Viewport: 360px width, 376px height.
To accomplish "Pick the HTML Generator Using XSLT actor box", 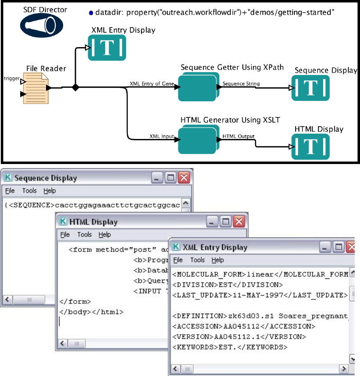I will click(198, 140).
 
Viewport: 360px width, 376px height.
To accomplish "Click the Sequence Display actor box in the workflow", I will click(310, 88).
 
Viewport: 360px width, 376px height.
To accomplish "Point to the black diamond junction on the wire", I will click(75, 87).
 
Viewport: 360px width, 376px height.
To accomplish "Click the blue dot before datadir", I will click(91, 13).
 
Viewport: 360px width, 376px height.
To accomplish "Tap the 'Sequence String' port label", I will click(241, 84).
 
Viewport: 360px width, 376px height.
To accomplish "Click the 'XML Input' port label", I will click(162, 137).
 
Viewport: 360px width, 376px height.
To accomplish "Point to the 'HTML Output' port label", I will click(238, 136).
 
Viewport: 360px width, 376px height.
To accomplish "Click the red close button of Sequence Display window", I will click(184, 178).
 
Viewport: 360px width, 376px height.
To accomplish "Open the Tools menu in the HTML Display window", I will click(84, 235).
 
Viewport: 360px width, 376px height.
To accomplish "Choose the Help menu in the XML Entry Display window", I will click(218, 260).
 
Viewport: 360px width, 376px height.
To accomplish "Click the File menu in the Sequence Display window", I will click(10, 191).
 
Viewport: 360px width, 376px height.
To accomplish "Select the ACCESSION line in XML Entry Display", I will click(244, 326).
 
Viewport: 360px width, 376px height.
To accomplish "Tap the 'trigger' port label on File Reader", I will click(11, 78).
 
